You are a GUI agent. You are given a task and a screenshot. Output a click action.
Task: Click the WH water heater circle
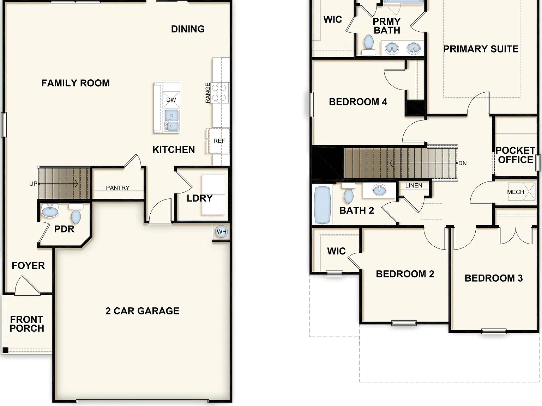click(221, 232)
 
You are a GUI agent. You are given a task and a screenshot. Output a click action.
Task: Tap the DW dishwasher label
click(171, 100)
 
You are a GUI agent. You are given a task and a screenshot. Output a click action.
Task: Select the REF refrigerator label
click(219, 141)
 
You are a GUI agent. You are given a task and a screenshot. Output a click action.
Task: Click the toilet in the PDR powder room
click(76, 214)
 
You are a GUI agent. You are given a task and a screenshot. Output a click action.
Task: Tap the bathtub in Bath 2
click(322, 205)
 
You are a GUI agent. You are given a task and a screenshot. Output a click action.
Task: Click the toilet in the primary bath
click(369, 45)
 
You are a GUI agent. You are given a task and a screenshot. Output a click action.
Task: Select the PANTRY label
click(118, 188)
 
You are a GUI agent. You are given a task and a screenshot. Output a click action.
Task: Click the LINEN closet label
click(414, 185)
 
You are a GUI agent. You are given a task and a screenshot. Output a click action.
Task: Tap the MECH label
click(515, 192)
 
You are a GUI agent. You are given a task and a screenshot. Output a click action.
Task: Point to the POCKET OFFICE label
click(515, 155)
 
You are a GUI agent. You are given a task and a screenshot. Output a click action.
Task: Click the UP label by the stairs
click(33, 184)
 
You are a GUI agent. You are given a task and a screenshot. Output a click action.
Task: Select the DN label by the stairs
click(463, 163)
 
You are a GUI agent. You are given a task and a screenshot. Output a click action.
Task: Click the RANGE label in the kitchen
click(208, 93)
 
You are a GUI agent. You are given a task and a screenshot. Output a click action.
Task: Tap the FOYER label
click(28, 265)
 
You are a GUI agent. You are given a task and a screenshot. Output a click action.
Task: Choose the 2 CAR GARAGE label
click(142, 311)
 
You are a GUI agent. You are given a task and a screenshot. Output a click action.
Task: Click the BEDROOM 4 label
click(358, 102)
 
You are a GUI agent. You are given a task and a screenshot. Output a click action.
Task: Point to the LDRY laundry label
click(199, 198)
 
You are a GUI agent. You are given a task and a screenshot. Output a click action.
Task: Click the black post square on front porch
click(5, 350)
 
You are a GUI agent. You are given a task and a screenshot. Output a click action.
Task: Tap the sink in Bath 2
click(379, 190)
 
